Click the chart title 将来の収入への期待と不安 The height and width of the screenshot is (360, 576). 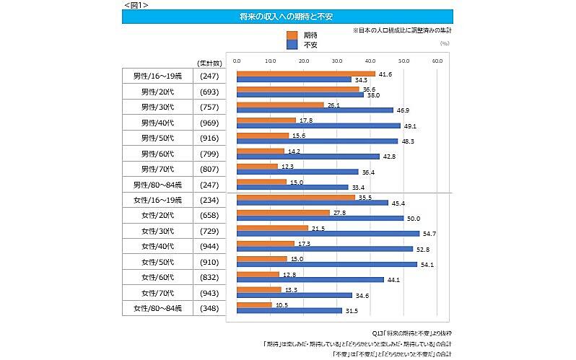[287, 15]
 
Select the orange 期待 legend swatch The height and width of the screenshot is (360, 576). [292, 35]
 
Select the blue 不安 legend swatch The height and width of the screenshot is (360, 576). [292, 45]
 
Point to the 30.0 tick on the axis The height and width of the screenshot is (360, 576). [337, 61]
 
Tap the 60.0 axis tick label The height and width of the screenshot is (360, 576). [437, 61]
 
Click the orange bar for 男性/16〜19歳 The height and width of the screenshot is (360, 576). [306, 73]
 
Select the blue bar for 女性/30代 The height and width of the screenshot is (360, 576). [328, 233]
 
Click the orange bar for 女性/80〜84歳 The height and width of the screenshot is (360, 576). [254, 304]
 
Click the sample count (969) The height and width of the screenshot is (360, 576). [209, 122]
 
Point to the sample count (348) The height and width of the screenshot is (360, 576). [209, 308]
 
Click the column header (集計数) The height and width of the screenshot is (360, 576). [209, 63]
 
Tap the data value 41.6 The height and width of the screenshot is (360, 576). [385, 74]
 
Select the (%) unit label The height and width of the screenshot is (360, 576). [445, 43]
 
